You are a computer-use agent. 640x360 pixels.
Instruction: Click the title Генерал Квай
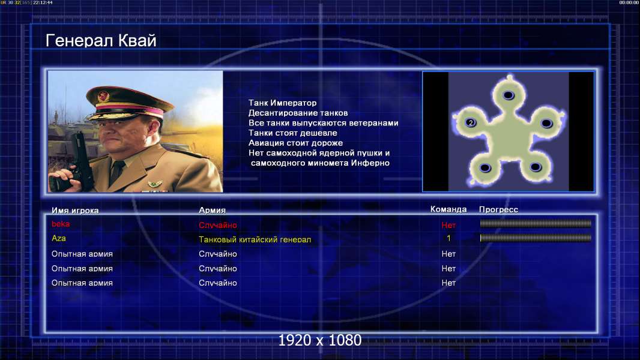click(x=101, y=40)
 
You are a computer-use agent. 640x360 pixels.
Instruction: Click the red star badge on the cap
click(x=103, y=97)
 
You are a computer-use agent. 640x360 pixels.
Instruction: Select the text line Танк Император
click(x=282, y=103)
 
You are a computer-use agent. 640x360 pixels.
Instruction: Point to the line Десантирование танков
click(x=298, y=113)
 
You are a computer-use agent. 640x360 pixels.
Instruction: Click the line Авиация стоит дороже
click(x=295, y=143)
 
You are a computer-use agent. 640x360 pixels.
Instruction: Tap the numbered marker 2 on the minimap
click(x=471, y=123)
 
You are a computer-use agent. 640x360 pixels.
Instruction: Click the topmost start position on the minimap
click(x=508, y=95)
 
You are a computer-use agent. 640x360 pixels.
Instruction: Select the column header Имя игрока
click(x=75, y=211)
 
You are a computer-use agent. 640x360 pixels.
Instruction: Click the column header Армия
click(x=213, y=210)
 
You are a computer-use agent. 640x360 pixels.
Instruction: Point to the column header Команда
click(x=448, y=209)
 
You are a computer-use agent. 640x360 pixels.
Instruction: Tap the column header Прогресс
click(x=498, y=209)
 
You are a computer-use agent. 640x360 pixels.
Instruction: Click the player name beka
click(x=61, y=224)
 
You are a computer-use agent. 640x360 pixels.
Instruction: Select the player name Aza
click(x=58, y=238)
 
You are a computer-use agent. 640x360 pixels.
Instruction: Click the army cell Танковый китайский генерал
click(x=255, y=239)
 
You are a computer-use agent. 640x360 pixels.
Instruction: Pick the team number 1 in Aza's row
click(x=448, y=238)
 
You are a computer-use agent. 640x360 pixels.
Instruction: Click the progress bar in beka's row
click(x=536, y=223)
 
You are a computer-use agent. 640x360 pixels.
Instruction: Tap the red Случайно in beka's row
click(x=217, y=225)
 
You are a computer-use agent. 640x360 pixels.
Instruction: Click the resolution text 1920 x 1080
click(x=320, y=340)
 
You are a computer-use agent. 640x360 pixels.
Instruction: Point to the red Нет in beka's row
click(x=448, y=225)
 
